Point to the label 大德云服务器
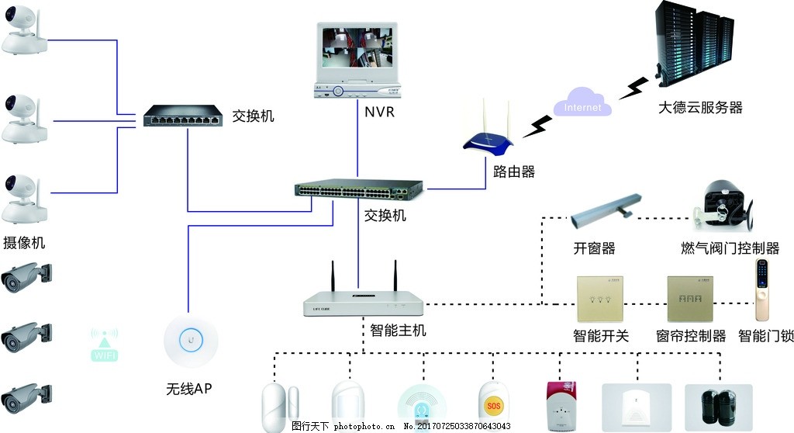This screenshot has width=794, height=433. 700,108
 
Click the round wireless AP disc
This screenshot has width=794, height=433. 190,339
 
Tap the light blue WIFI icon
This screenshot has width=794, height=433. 105,345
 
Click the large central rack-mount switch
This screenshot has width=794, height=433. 359,190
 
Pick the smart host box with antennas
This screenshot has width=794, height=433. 364,300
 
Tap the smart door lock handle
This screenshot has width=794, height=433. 765,290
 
